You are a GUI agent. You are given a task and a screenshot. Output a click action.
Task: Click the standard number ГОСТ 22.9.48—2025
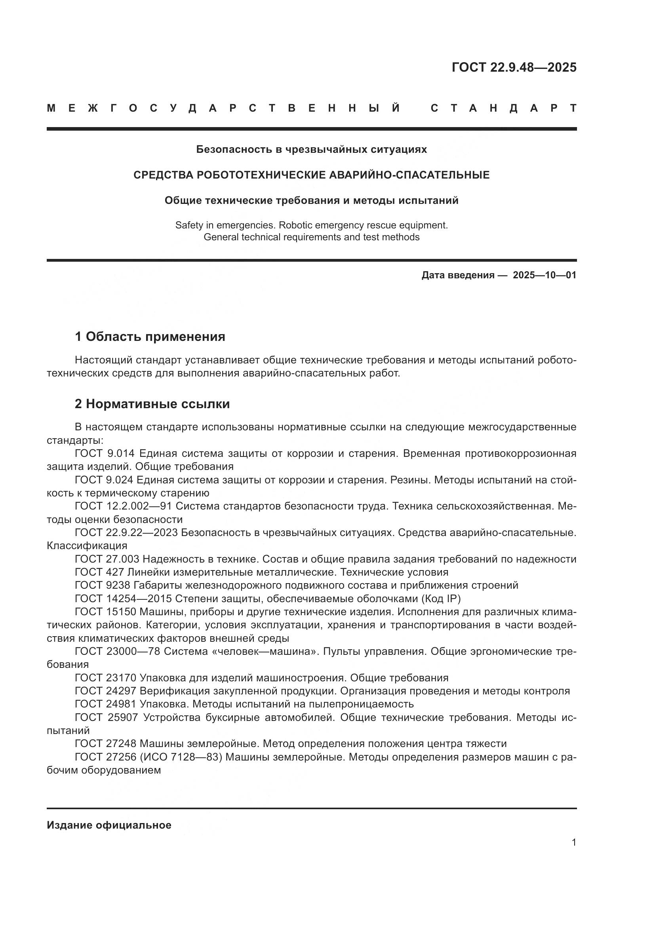click(514, 67)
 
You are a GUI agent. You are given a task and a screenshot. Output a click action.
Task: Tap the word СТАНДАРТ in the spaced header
click(503, 108)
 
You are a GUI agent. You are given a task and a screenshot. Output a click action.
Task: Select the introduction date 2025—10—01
click(545, 275)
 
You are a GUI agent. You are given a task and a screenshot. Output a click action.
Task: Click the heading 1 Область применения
click(150, 337)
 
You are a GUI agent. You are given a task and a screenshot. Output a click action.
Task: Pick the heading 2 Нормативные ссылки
click(152, 404)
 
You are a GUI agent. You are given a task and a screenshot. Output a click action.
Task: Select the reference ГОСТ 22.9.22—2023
click(126, 532)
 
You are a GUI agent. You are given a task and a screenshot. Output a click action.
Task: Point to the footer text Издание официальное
click(109, 825)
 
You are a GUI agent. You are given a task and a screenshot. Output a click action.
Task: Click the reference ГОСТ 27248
click(106, 744)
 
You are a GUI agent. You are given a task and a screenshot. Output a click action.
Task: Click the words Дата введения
click(458, 275)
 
